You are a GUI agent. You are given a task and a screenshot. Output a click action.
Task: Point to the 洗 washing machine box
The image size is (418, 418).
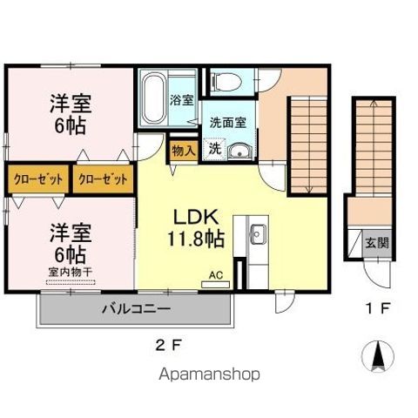click(x=213, y=148)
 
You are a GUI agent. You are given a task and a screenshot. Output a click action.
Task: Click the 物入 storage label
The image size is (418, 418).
click(x=183, y=150)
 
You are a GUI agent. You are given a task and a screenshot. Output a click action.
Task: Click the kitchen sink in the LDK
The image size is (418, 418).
click(x=258, y=233)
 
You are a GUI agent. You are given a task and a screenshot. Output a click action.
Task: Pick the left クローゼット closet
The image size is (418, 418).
click(x=38, y=180)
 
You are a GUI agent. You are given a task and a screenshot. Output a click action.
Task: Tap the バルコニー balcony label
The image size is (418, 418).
click(x=135, y=308)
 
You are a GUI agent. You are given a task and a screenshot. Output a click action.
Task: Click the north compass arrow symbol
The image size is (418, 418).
click(x=378, y=357)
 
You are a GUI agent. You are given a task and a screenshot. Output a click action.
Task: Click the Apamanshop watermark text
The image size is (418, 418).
click(x=209, y=374)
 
